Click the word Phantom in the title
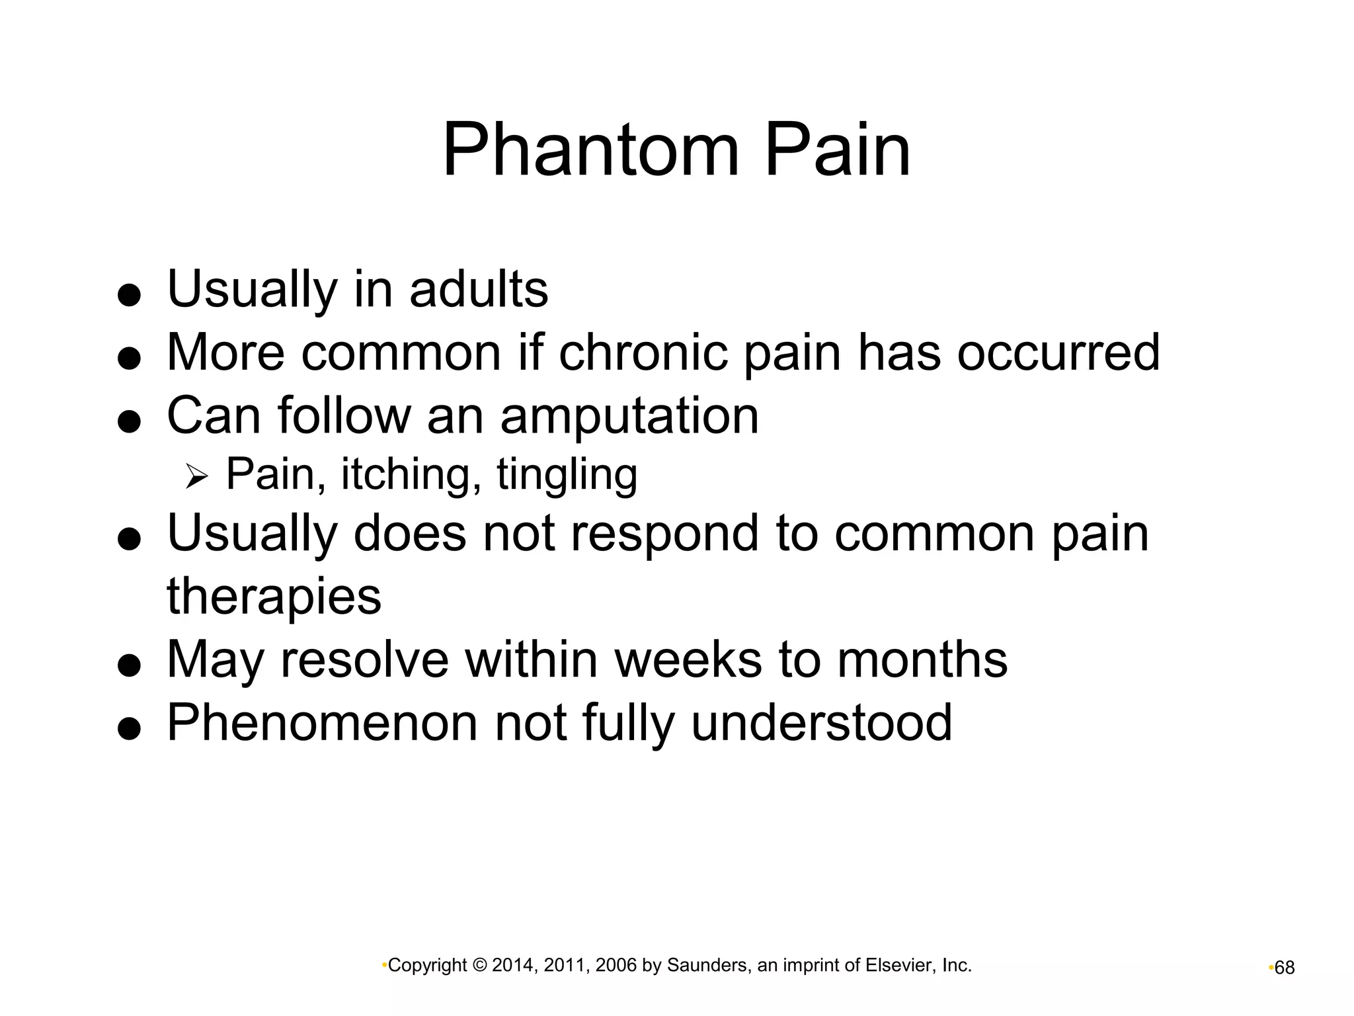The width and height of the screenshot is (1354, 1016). click(590, 151)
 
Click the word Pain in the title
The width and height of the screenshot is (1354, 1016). click(838, 151)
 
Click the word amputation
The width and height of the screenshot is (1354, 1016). click(629, 416)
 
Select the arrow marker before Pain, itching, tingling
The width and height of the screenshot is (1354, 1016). click(196, 476)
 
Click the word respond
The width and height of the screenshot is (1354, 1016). click(664, 533)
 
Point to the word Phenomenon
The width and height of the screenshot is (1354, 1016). click(322, 723)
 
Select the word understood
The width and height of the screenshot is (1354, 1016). click(821, 723)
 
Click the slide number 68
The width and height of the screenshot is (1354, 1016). click(1284, 968)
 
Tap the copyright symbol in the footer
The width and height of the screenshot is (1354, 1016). click(482, 966)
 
